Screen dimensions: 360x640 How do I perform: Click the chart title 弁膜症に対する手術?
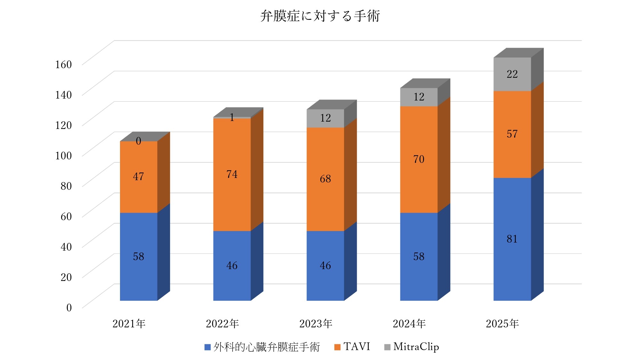click(x=320, y=16)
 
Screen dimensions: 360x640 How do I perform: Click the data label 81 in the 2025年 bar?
click(x=512, y=239)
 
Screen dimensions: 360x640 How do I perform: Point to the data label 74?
click(x=232, y=174)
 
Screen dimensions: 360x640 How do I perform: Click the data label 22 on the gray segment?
click(x=512, y=74)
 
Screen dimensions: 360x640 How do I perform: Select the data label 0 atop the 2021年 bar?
click(x=138, y=141)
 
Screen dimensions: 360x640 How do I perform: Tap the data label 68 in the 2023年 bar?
click(x=325, y=179)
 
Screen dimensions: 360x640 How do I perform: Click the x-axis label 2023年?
click(x=316, y=324)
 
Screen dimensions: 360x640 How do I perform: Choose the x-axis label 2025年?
click(x=502, y=324)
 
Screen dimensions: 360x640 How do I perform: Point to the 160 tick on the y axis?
click(x=63, y=65)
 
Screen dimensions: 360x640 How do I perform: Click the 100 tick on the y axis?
click(x=63, y=156)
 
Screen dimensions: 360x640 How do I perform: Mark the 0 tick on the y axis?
click(x=69, y=308)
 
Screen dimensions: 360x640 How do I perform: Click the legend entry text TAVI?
click(x=356, y=347)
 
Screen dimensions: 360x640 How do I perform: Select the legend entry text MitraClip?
click(x=416, y=347)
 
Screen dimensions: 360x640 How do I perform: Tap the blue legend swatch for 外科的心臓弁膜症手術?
click(x=207, y=347)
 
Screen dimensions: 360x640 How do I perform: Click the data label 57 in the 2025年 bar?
click(x=512, y=134)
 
